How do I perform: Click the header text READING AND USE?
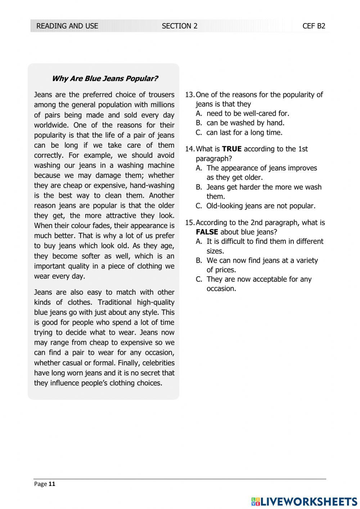pos(67,26)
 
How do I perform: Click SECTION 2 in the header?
pos(179,26)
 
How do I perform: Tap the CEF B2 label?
pos(314,26)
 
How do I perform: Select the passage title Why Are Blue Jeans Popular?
pos(105,79)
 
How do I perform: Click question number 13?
pos(189,95)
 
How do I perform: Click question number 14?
pos(189,149)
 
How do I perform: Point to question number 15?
pos(189,223)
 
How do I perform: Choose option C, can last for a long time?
pos(244,133)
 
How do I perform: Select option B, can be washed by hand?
pos(245,123)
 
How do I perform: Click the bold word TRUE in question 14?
pos(231,149)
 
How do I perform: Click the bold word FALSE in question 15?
pos(207,232)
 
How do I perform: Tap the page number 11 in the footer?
pos(52,484)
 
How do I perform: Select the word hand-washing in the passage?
pos(152,186)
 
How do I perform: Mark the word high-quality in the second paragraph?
pos(156,303)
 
